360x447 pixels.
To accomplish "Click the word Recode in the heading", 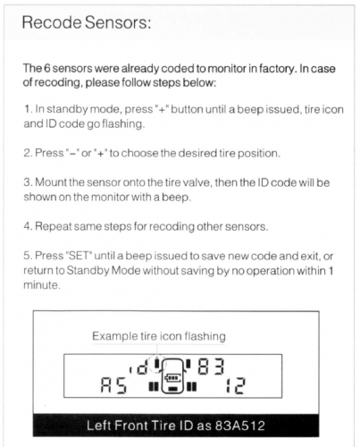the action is (52, 22).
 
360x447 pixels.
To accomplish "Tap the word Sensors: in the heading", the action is (118, 22).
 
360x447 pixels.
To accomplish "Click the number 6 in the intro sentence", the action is (46, 68).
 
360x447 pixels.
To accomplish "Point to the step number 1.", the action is (28, 109).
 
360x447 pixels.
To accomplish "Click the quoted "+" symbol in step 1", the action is (162, 109).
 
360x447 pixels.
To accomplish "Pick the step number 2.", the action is (28, 153).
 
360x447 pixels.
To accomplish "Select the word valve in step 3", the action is (197, 182).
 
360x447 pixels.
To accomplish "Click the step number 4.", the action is (28, 226).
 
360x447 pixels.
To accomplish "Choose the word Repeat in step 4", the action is (54, 227).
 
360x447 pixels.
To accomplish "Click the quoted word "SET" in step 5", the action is (79, 256).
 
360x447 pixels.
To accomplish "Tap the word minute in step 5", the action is (42, 285).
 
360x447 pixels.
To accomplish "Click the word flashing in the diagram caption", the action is (205, 336).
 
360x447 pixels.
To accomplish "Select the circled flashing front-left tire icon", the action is (157, 363).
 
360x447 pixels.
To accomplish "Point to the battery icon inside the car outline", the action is (172, 377).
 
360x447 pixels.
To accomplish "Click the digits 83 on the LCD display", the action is (211, 367).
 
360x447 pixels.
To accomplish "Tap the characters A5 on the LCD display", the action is (113, 385).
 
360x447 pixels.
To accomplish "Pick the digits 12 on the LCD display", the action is (235, 385).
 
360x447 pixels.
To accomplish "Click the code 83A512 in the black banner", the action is (240, 426).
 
